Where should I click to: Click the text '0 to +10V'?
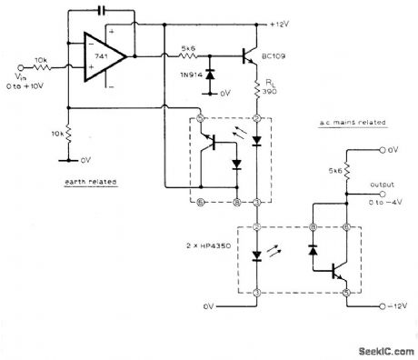tap(21, 75)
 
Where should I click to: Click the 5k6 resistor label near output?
tap(333, 167)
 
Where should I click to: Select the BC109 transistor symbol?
tap(245, 55)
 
